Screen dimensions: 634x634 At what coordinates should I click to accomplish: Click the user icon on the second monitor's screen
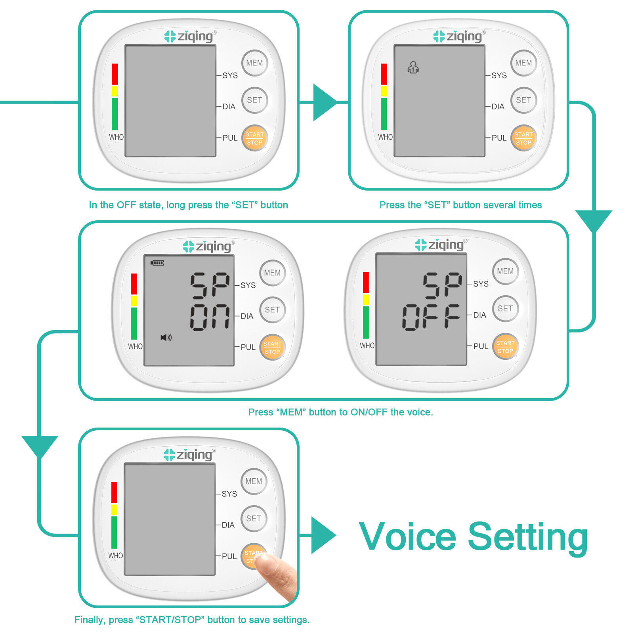(413, 67)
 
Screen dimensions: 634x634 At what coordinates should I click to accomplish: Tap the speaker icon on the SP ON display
(166, 338)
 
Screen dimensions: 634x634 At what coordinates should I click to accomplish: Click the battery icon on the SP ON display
(157, 263)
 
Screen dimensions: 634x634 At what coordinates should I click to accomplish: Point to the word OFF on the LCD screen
(431, 317)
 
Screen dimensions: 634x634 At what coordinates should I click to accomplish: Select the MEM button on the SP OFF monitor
(505, 271)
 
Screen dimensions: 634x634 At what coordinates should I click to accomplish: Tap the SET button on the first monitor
(254, 100)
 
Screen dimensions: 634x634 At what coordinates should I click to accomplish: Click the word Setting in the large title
(528, 537)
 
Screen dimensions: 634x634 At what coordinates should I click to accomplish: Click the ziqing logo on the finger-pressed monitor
(190, 454)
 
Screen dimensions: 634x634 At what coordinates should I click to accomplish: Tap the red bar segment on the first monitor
(115, 74)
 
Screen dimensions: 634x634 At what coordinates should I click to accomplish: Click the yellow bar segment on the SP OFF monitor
(366, 300)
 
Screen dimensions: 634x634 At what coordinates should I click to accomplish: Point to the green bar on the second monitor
(384, 114)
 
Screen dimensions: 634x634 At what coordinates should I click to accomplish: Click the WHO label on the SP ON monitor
(135, 346)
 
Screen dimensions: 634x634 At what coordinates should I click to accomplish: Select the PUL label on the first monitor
(230, 138)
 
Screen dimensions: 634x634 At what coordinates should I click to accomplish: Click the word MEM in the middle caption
(291, 412)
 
